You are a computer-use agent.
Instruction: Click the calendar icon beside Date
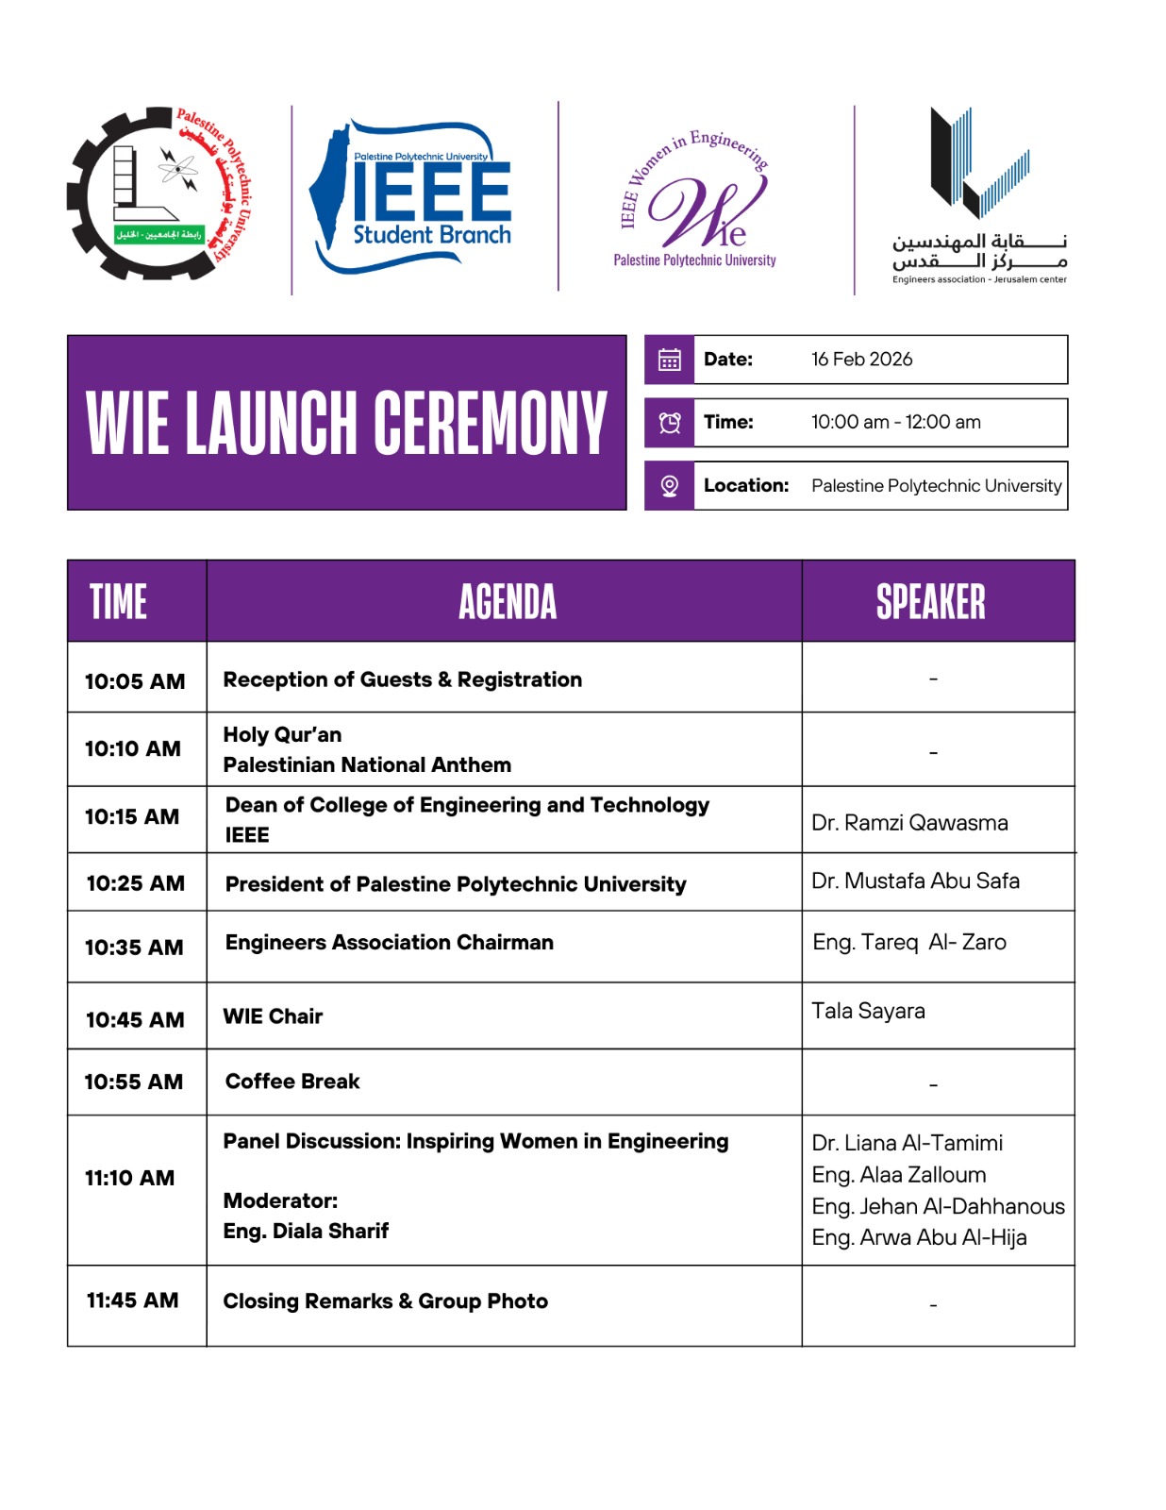(x=670, y=360)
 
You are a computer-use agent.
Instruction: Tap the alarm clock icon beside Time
(x=670, y=423)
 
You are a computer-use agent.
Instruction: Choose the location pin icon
(x=670, y=486)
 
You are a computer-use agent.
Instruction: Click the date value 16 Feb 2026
(x=861, y=360)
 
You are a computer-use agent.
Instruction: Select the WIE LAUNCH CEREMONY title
(x=346, y=423)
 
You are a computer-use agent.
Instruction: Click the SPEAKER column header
(x=931, y=602)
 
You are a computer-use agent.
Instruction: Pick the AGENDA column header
(x=508, y=602)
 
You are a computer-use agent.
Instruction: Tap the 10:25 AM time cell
(x=136, y=883)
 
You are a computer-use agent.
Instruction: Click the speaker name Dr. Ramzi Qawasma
(x=909, y=823)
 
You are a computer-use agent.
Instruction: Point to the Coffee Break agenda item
(x=292, y=1082)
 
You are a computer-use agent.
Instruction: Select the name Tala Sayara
(x=868, y=1012)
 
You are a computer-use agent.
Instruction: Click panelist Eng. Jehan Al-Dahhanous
(x=938, y=1206)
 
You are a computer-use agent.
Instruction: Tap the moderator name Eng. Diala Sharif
(x=306, y=1231)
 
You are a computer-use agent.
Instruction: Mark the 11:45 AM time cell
(x=133, y=1300)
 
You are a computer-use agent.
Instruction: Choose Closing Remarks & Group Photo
(x=385, y=1301)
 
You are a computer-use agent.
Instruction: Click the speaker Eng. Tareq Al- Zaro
(x=909, y=942)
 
